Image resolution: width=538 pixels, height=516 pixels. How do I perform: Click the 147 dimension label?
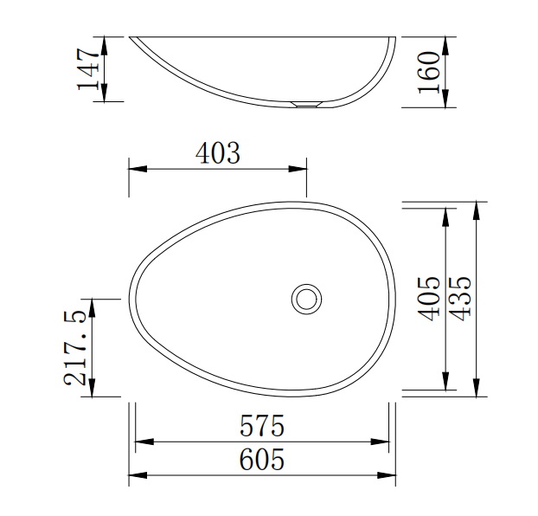coord(88,68)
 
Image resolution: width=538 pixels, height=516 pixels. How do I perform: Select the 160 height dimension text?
coord(428,72)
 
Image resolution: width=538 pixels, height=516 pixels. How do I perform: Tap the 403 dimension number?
coord(217,152)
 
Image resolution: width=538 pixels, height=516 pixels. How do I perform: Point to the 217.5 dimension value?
coord(74,347)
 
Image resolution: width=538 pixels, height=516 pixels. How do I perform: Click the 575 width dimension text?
coord(262,425)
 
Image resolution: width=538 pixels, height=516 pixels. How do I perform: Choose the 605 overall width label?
coord(262,459)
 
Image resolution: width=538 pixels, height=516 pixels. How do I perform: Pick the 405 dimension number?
coord(428,299)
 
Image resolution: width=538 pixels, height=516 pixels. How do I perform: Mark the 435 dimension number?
coord(460,299)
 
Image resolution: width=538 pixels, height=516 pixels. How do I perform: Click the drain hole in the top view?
coord(306,299)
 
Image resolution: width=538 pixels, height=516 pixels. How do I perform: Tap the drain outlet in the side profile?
coord(306,104)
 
